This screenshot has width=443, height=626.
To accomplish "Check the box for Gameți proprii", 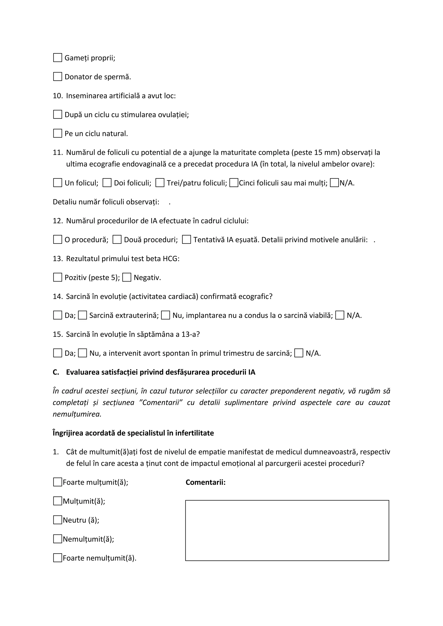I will click(57, 58).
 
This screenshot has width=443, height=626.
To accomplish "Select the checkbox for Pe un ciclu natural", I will click(57, 133).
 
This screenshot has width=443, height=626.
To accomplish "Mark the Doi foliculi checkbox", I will click(107, 183).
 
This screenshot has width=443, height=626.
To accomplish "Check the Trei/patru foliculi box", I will click(160, 183).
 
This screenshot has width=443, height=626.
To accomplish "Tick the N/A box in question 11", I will click(334, 183).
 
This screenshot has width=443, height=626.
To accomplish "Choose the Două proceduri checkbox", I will click(117, 240).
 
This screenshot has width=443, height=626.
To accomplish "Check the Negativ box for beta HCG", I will click(127, 278).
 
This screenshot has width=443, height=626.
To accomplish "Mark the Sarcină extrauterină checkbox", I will click(82, 315).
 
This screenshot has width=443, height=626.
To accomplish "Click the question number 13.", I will click(58, 259).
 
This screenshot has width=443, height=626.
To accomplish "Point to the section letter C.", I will click(55, 372).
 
